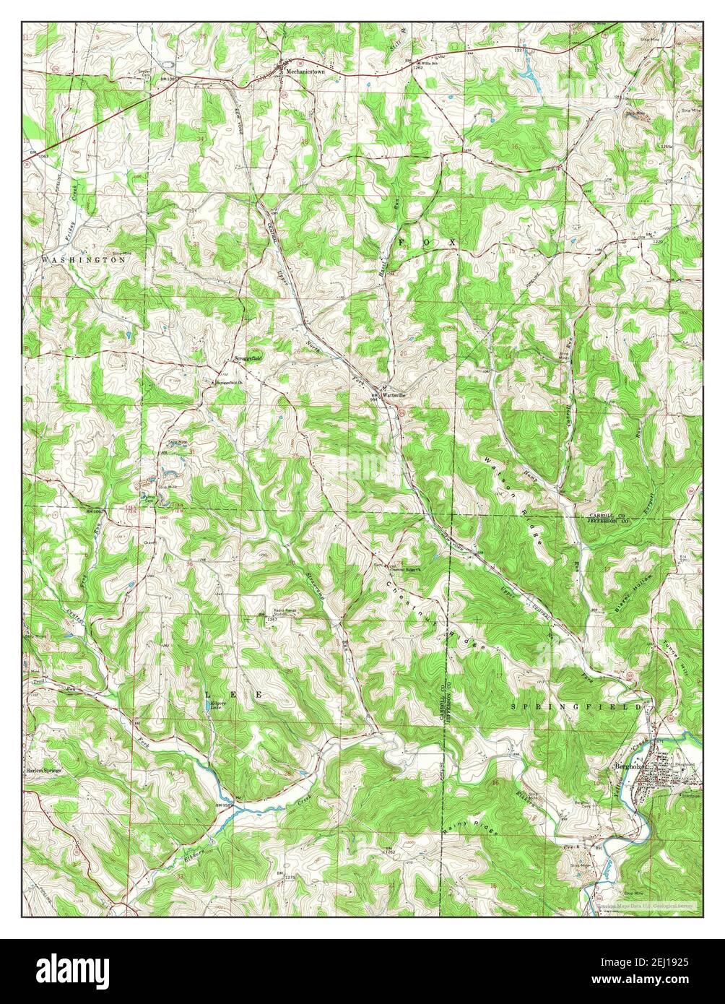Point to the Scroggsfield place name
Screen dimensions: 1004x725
click(x=248, y=358)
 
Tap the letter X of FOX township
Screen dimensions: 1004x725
click(x=451, y=243)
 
